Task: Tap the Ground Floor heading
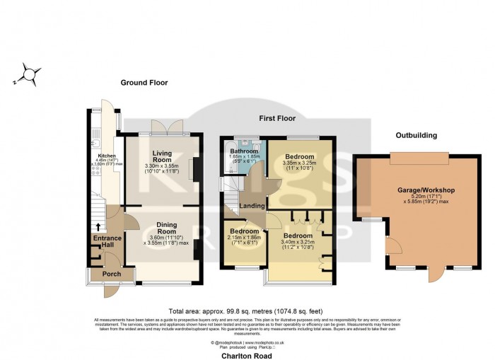(x=144, y=83)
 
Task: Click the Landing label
(x=252, y=207)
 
